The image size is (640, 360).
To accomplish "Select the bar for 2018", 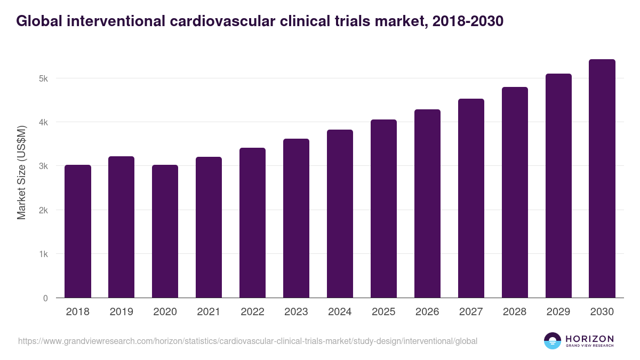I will [78, 231].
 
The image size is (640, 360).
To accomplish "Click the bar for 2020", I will [165, 231].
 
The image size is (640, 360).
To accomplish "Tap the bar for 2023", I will [296, 219].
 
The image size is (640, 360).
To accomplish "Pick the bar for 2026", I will [427, 204].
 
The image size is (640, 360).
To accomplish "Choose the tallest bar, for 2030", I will [602, 179].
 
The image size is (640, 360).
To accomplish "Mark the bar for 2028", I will [515, 193].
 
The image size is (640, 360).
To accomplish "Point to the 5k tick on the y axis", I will [43, 78].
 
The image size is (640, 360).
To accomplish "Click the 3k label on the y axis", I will [43, 166].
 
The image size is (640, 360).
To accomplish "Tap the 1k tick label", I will [43, 254].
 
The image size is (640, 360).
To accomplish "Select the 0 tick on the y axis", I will [45, 298].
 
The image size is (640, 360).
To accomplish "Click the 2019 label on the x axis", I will [122, 312].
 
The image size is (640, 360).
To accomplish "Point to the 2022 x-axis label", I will [252, 312].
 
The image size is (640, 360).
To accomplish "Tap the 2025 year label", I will [383, 312].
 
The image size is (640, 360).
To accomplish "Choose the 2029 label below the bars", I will [558, 312].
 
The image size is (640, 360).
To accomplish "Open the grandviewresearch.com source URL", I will [247, 341].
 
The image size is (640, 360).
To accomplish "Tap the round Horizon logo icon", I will [553, 341].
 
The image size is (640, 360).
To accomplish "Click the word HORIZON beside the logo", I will [589, 339].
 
